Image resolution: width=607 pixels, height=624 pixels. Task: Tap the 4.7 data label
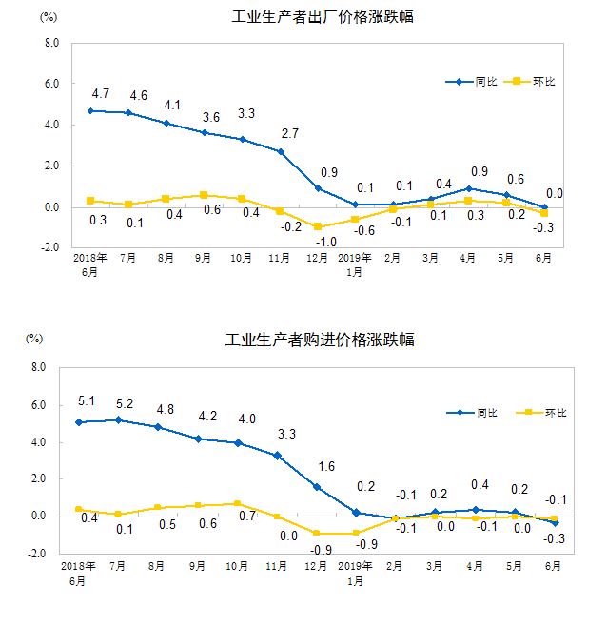(x=101, y=93)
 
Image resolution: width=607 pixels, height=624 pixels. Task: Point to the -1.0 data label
(x=325, y=243)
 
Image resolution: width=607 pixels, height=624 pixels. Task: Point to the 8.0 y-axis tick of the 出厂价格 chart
(x=52, y=43)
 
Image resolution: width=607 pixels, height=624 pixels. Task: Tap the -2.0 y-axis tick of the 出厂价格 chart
(x=50, y=247)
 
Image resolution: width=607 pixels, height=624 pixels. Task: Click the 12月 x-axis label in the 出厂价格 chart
(x=317, y=258)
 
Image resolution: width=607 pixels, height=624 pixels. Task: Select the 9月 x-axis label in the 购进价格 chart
(x=201, y=565)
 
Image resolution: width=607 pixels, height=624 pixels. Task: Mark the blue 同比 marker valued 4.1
(x=166, y=123)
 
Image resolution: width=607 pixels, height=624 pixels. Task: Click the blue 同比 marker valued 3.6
(x=204, y=132)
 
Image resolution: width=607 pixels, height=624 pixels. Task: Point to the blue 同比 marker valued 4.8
(x=157, y=427)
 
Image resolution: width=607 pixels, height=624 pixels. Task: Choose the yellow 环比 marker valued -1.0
(x=317, y=227)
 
